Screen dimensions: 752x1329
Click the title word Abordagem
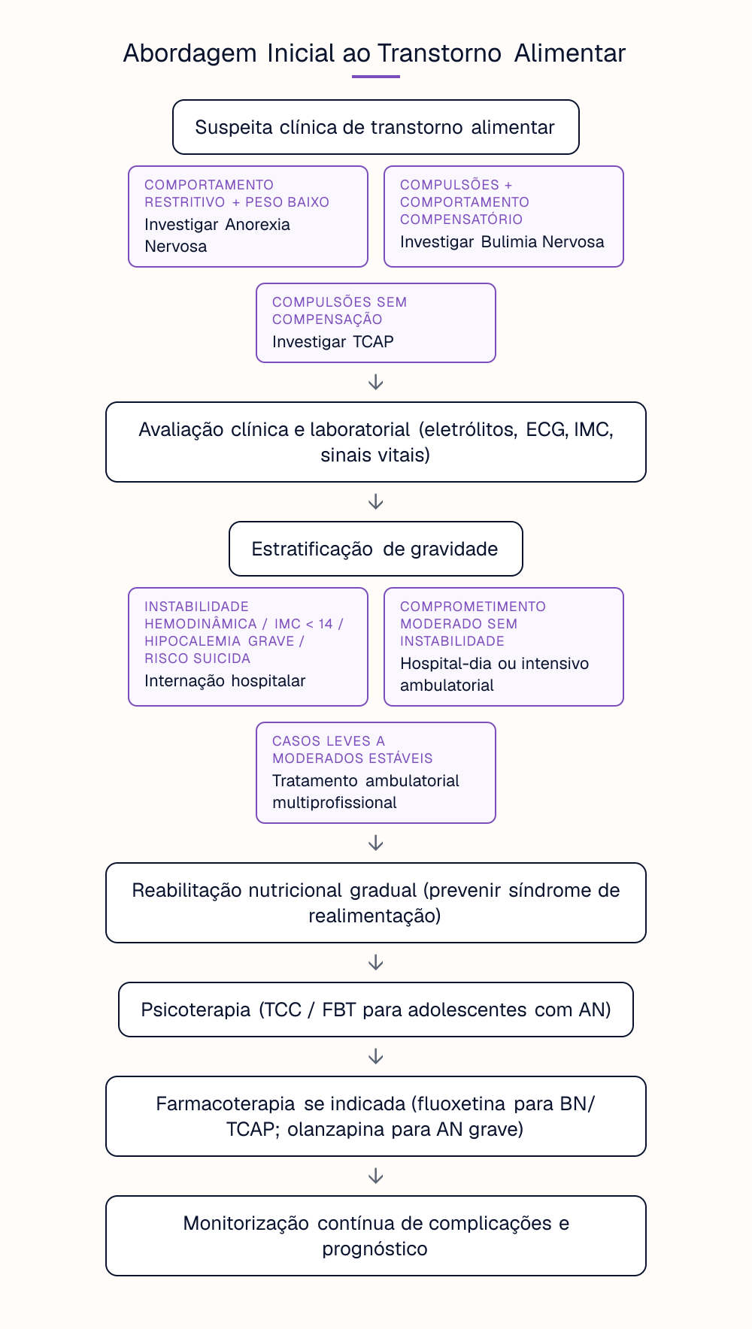tap(190, 54)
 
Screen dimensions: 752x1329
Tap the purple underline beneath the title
tap(376, 76)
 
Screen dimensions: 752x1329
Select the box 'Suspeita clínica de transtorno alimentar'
tap(376, 127)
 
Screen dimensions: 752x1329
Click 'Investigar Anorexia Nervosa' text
tap(217, 235)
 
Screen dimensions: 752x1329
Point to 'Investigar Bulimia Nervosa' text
tap(502, 242)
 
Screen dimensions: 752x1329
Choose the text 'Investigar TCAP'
tap(333, 342)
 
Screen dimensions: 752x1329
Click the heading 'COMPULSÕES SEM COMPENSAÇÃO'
tap(340, 310)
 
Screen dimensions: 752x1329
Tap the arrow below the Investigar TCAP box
tap(376, 383)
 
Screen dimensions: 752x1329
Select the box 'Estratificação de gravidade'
tap(376, 549)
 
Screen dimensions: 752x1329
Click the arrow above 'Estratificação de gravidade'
tap(376, 502)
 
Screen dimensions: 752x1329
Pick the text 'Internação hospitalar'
tap(225, 681)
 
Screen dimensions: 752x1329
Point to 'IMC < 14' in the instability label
tap(304, 624)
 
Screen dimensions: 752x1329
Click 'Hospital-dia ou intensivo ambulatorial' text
tap(495, 674)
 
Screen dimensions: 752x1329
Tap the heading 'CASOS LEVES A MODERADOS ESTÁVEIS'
tap(353, 749)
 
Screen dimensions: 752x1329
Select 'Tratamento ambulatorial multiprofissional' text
tap(365, 792)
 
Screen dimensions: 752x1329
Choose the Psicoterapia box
tap(376, 1010)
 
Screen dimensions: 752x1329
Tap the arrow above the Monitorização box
tap(376, 1176)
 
